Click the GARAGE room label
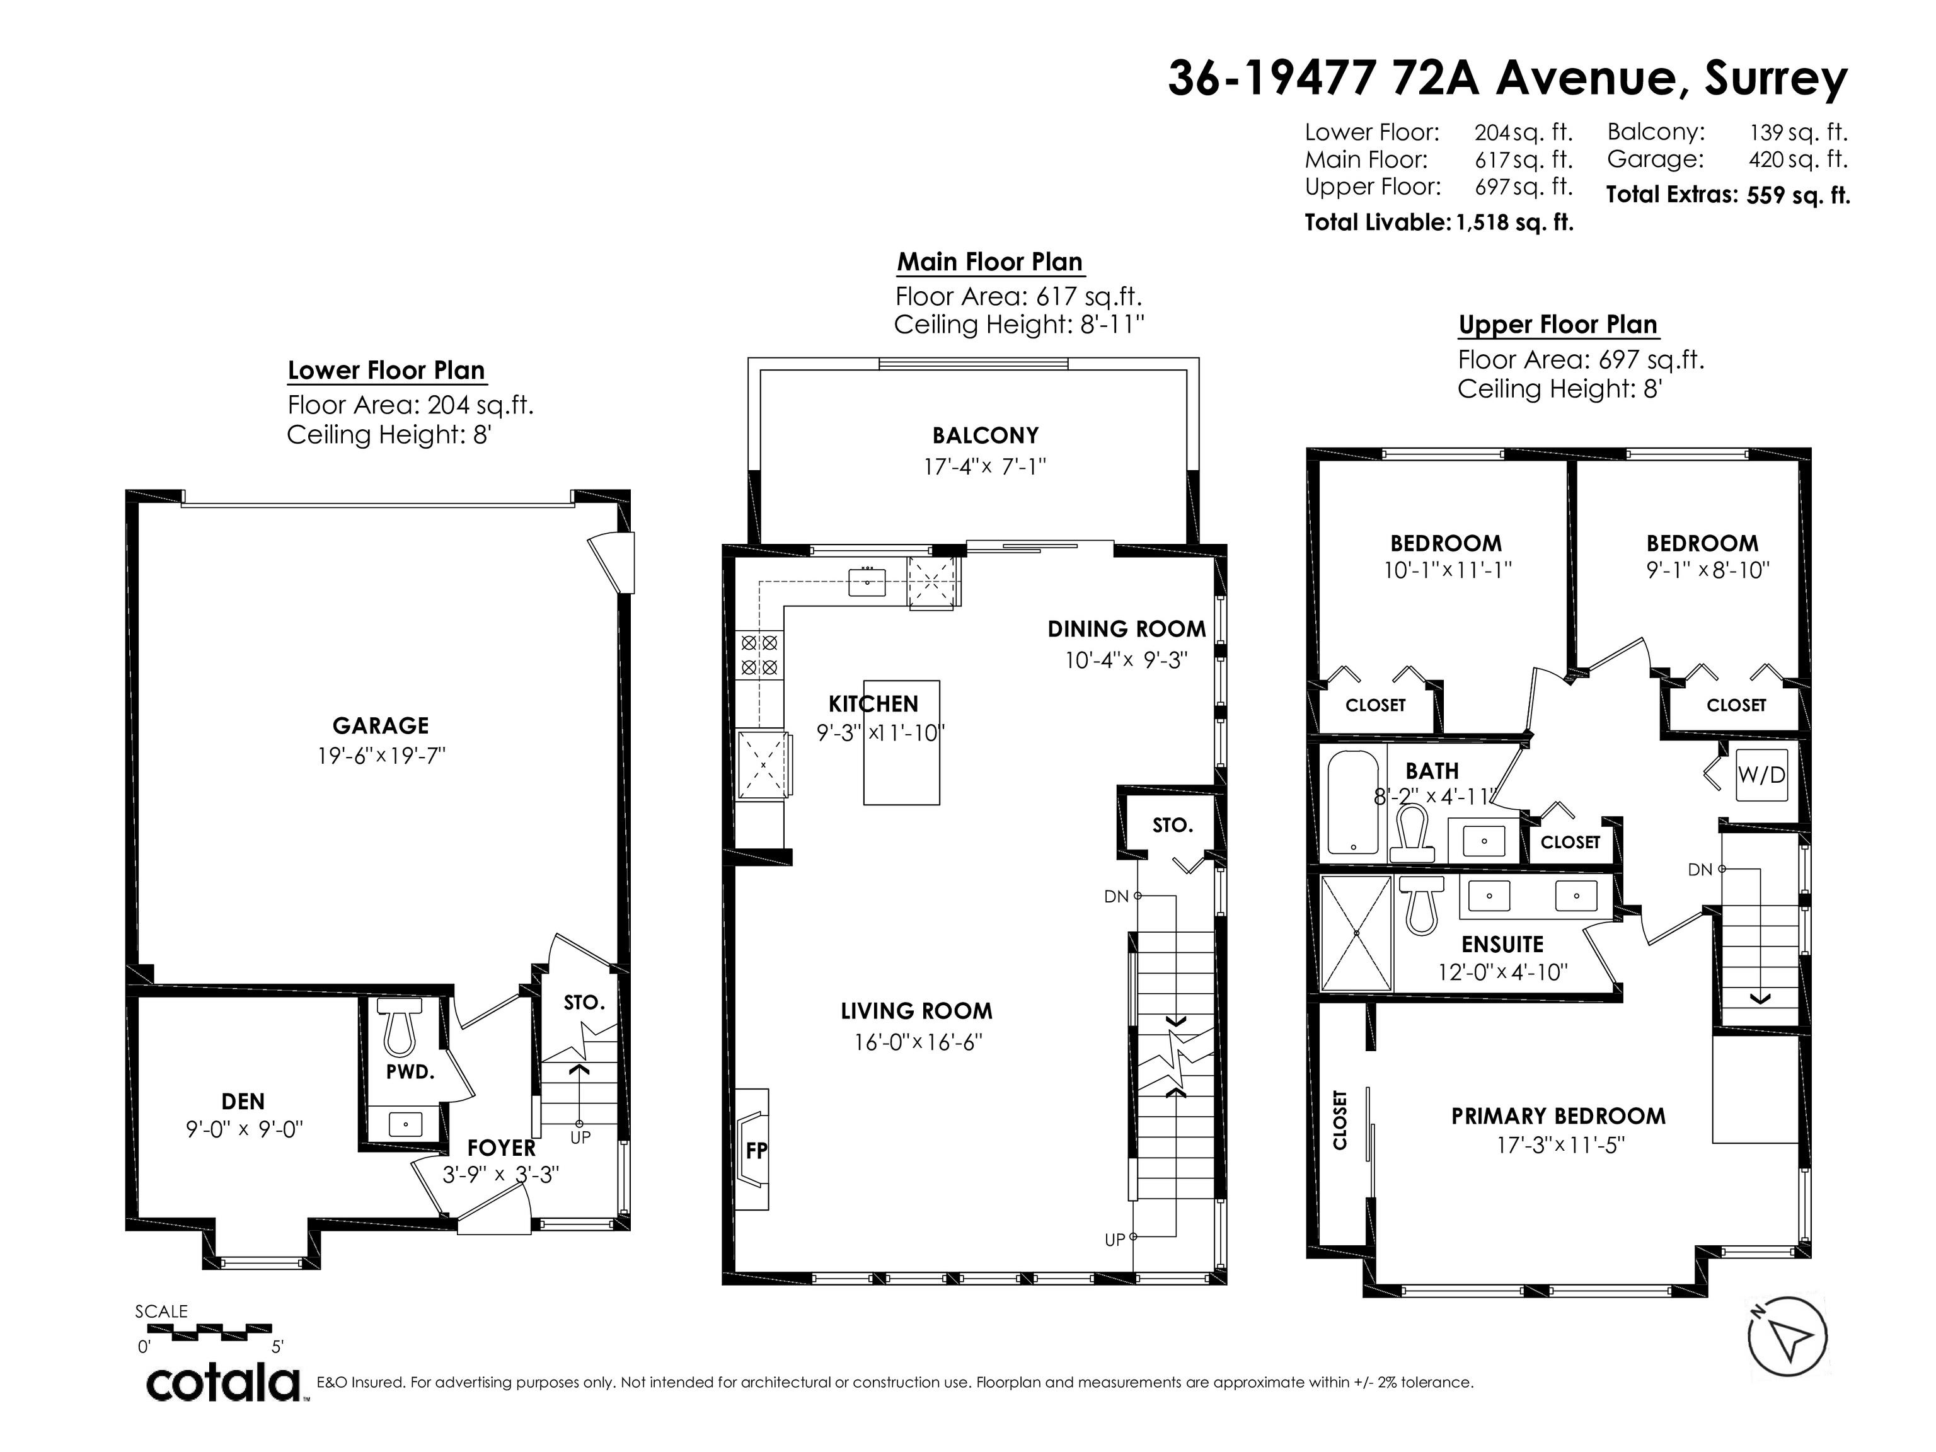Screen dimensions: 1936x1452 [381, 725]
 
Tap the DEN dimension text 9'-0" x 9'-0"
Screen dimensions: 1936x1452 [244, 1129]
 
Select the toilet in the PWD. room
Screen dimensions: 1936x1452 [399, 1027]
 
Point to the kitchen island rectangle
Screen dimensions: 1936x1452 [901, 742]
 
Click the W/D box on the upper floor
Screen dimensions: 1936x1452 [1761, 775]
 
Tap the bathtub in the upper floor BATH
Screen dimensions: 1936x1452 [1353, 802]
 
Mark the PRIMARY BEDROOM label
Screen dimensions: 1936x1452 [1558, 1116]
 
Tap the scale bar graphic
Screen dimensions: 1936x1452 [222, 1332]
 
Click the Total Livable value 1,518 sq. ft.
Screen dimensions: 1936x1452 [1515, 222]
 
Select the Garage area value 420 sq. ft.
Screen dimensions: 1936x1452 [1798, 160]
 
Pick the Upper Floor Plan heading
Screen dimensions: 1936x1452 [1558, 325]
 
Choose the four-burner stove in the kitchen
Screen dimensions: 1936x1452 [759, 655]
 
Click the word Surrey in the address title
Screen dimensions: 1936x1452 [1776, 79]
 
